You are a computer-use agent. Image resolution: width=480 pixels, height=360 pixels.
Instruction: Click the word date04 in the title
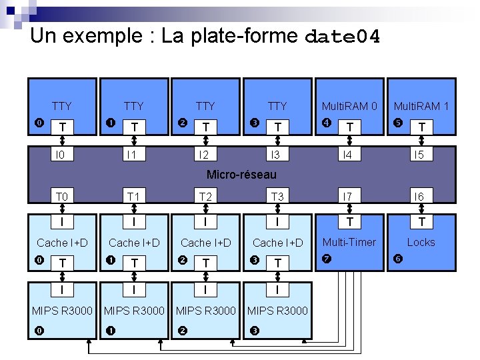click(341, 37)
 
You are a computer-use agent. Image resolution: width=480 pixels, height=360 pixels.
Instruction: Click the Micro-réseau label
click(241, 175)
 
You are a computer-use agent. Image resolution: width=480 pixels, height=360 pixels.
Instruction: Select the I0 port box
click(62, 155)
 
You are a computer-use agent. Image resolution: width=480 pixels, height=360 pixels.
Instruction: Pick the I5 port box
click(421, 155)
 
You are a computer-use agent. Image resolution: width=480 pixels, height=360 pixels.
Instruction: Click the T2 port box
click(205, 196)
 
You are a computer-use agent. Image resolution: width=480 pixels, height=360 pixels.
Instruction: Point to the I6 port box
click(421, 196)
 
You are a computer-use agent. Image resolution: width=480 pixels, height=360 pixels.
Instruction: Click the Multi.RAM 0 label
click(349, 106)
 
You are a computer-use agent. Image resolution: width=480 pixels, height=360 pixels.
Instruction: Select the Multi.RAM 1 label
click(421, 106)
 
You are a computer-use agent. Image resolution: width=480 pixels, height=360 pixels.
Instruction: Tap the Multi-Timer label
click(349, 242)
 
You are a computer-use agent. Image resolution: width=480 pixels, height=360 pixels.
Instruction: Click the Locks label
click(421, 242)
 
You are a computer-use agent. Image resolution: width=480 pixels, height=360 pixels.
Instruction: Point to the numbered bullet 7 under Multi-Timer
click(326, 258)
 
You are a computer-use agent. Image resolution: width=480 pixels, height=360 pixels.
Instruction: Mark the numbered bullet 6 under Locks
click(398, 258)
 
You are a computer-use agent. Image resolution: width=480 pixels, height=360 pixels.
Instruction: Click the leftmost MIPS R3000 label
click(62, 310)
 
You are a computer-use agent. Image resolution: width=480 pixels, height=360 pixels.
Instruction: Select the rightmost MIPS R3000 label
click(277, 310)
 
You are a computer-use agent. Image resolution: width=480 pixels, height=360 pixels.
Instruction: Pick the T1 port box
click(133, 196)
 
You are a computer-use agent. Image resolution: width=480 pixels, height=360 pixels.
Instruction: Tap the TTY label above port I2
click(205, 106)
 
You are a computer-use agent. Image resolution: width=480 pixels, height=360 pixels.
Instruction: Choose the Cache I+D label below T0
click(62, 243)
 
